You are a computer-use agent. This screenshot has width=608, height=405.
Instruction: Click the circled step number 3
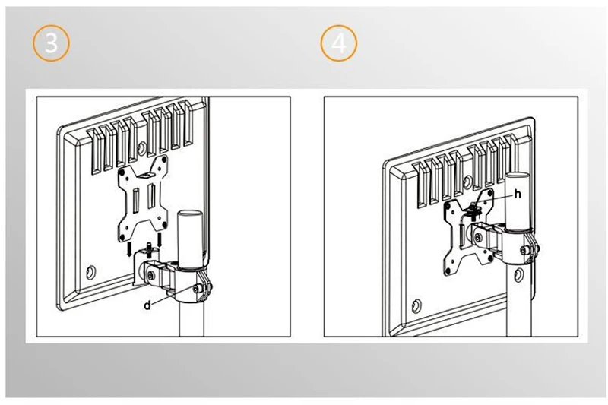click(x=51, y=43)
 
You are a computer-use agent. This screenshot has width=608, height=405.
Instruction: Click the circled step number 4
click(x=339, y=43)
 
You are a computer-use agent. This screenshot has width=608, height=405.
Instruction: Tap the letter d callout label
click(x=147, y=305)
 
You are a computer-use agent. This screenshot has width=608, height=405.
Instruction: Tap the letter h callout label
click(x=518, y=194)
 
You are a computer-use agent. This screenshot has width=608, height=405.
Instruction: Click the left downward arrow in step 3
click(x=129, y=248)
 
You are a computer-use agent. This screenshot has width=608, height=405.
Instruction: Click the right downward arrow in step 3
click(x=159, y=240)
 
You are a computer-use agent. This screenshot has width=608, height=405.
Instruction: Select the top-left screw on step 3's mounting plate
click(x=122, y=171)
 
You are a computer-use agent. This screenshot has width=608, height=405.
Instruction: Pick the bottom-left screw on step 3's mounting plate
click(x=122, y=237)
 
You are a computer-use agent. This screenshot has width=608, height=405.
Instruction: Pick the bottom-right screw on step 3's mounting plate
click(x=164, y=224)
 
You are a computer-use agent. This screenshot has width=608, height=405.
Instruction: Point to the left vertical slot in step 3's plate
click(x=136, y=201)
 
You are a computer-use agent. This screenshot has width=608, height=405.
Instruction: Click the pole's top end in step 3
click(x=190, y=214)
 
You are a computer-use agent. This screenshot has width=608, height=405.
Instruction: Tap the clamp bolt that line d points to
click(x=197, y=289)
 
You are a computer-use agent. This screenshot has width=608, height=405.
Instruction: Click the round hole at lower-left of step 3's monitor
click(x=91, y=272)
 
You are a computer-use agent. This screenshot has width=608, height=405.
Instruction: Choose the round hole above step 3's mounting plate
click(x=141, y=147)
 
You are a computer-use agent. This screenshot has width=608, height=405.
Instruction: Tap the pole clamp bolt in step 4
click(x=526, y=251)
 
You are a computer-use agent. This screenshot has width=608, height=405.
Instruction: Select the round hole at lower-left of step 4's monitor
click(x=416, y=306)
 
